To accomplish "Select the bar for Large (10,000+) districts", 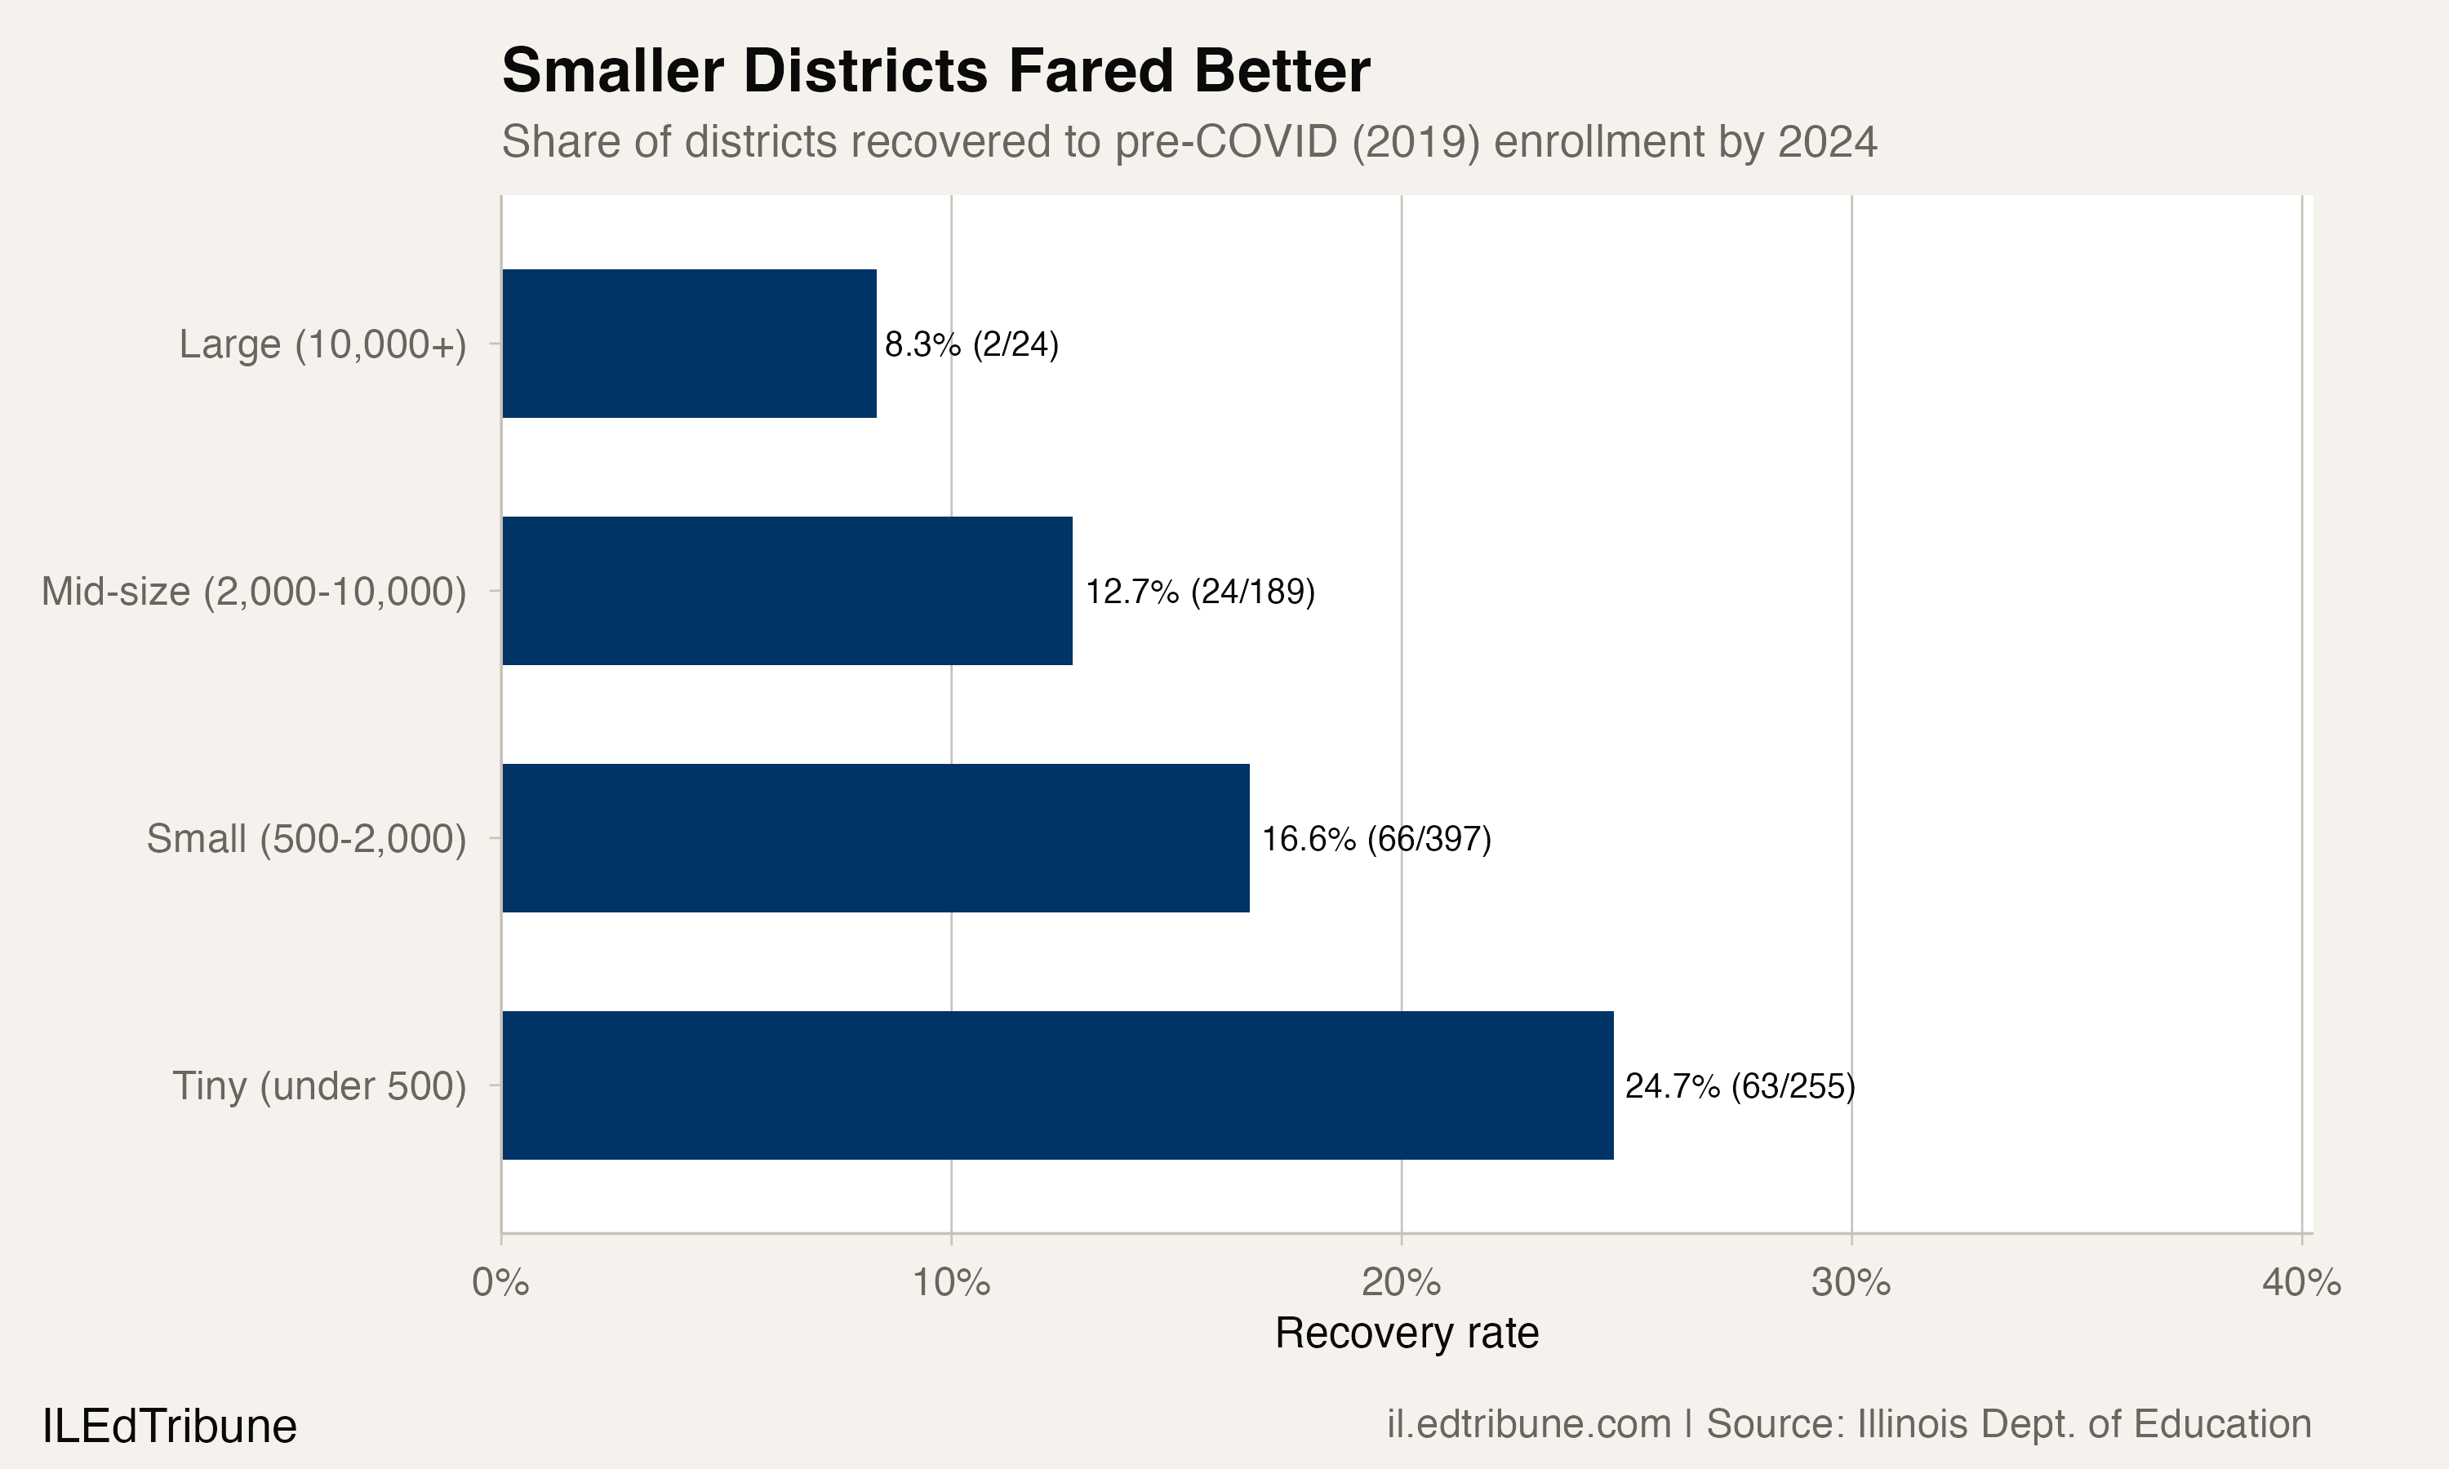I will click(x=689, y=344).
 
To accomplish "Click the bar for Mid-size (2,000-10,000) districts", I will click(x=787, y=591).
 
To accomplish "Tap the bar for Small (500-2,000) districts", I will click(x=875, y=838).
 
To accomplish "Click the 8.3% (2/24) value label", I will click(x=971, y=344).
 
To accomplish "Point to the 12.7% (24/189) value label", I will click(x=1200, y=592).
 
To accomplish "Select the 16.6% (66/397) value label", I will click(x=1376, y=840).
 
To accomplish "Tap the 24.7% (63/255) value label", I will click(x=1740, y=1087).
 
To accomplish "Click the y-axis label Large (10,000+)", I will click(x=322, y=344).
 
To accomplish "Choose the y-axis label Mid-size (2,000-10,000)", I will click(x=253, y=592).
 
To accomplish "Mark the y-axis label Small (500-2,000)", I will click(x=306, y=840).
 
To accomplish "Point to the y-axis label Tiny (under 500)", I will click(x=318, y=1087).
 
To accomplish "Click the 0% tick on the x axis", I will click(x=501, y=1283).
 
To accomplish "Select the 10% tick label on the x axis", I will click(x=950, y=1283).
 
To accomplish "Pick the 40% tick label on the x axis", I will click(x=2300, y=1283).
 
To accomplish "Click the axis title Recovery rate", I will click(x=1406, y=1334).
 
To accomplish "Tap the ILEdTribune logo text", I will click(x=169, y=1427).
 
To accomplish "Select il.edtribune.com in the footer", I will click(x=1527, y=1424).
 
